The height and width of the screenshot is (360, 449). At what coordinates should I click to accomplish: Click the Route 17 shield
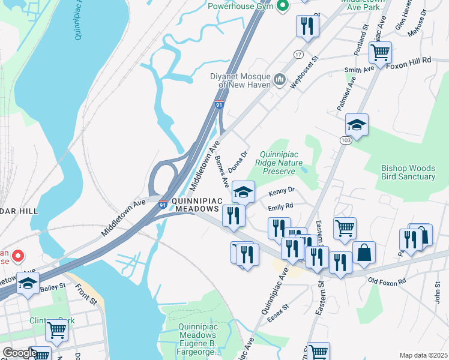298,55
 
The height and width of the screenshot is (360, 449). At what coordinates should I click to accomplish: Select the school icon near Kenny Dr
243,192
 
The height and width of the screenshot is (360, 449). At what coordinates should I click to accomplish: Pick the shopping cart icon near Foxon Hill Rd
380,53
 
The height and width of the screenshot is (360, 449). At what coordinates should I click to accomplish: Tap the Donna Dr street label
240,161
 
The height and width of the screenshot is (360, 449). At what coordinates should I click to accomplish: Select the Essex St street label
279,313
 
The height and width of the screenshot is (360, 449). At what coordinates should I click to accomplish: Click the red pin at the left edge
18,256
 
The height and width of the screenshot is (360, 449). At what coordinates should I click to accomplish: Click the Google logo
20,353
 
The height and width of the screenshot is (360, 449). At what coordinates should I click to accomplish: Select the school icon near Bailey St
28,283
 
